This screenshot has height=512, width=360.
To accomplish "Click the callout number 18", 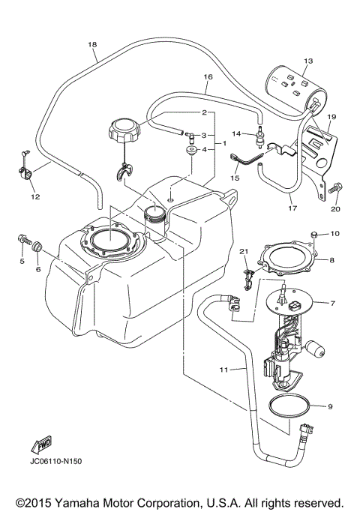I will point(93,44).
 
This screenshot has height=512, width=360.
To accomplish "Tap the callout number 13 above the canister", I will point(307,60).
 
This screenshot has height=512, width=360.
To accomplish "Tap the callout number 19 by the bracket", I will point(331,116).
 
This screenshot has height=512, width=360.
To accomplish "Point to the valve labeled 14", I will point(262,138).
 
